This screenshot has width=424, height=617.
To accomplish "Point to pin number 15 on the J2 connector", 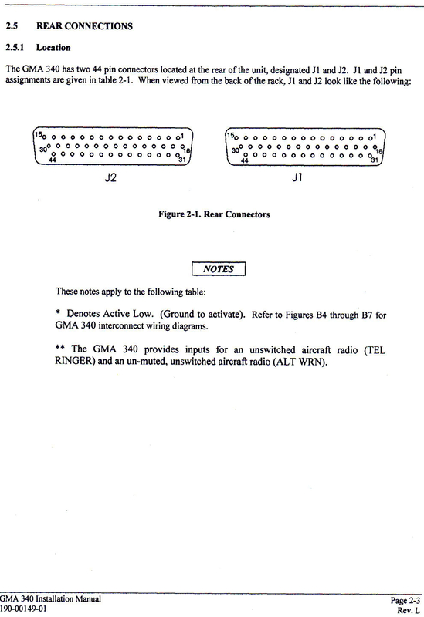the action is point(38,135).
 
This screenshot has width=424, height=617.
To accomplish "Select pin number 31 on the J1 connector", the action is point(375,160).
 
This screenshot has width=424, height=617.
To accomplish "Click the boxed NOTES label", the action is point(217,269).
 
